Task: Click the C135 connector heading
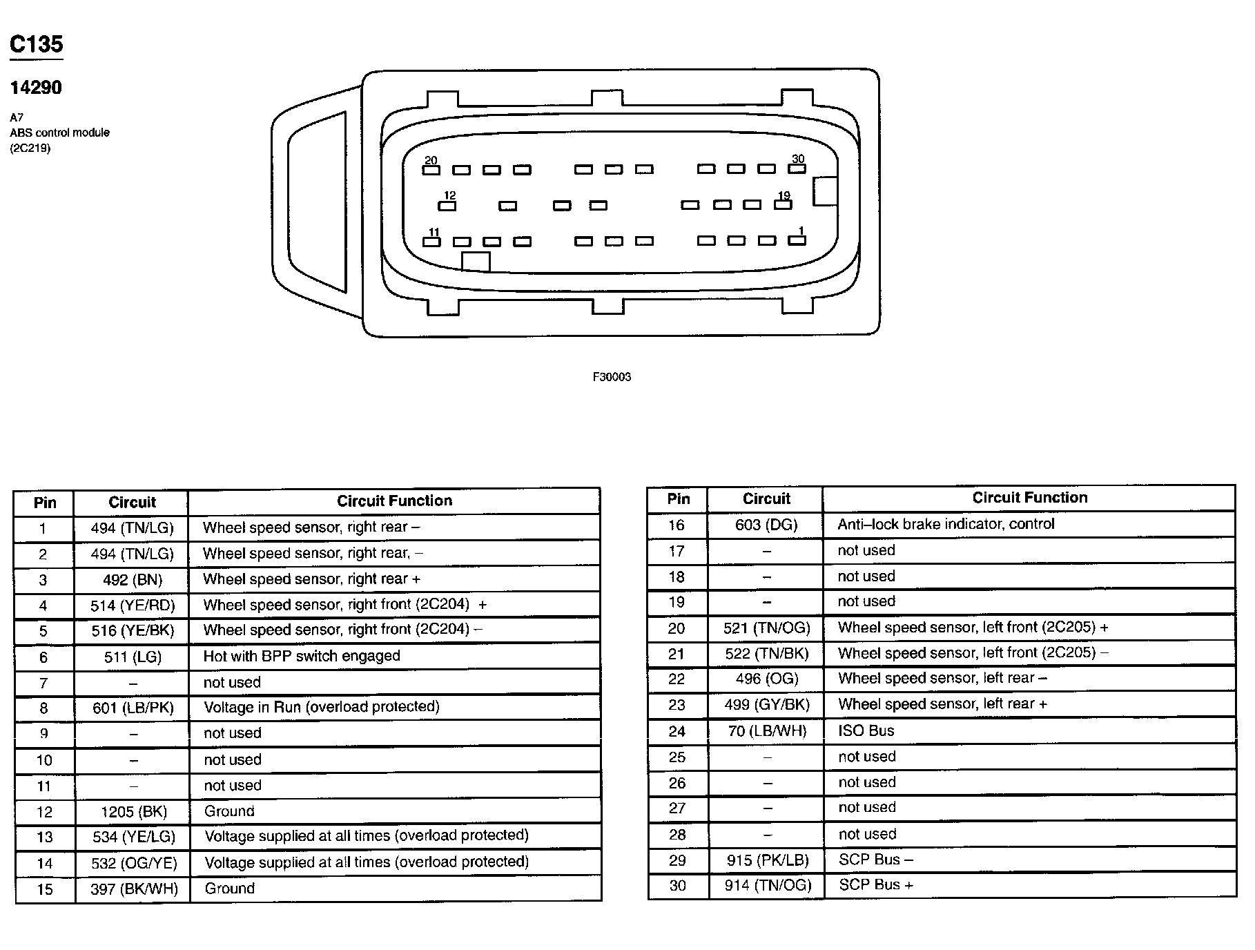(x=36, y=44)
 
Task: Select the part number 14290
(x=36, y=88)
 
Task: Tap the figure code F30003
(x=612, y=377)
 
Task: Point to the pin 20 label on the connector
(x=431, y=160)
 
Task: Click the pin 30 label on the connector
(x=798, y=159)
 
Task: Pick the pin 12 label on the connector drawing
(x=450, y=195)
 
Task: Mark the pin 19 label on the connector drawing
(x=784, y=195)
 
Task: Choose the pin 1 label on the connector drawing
(x=801, y=231)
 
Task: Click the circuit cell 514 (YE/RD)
(x=133, y=605)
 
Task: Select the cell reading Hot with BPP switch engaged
(x=302, y=656)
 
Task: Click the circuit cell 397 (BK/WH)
(x=134, y=889)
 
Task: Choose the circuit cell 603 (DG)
(x=766, y=525)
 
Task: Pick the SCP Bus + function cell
(x=876, y=885)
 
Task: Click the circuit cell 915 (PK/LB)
(x=767, y=860)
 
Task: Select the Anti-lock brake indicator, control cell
(x=946, y=524)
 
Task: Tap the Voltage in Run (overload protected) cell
(x=322, y=707)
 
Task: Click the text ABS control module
(x=59, y=133)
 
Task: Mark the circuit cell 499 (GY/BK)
(x=767, y=704)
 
